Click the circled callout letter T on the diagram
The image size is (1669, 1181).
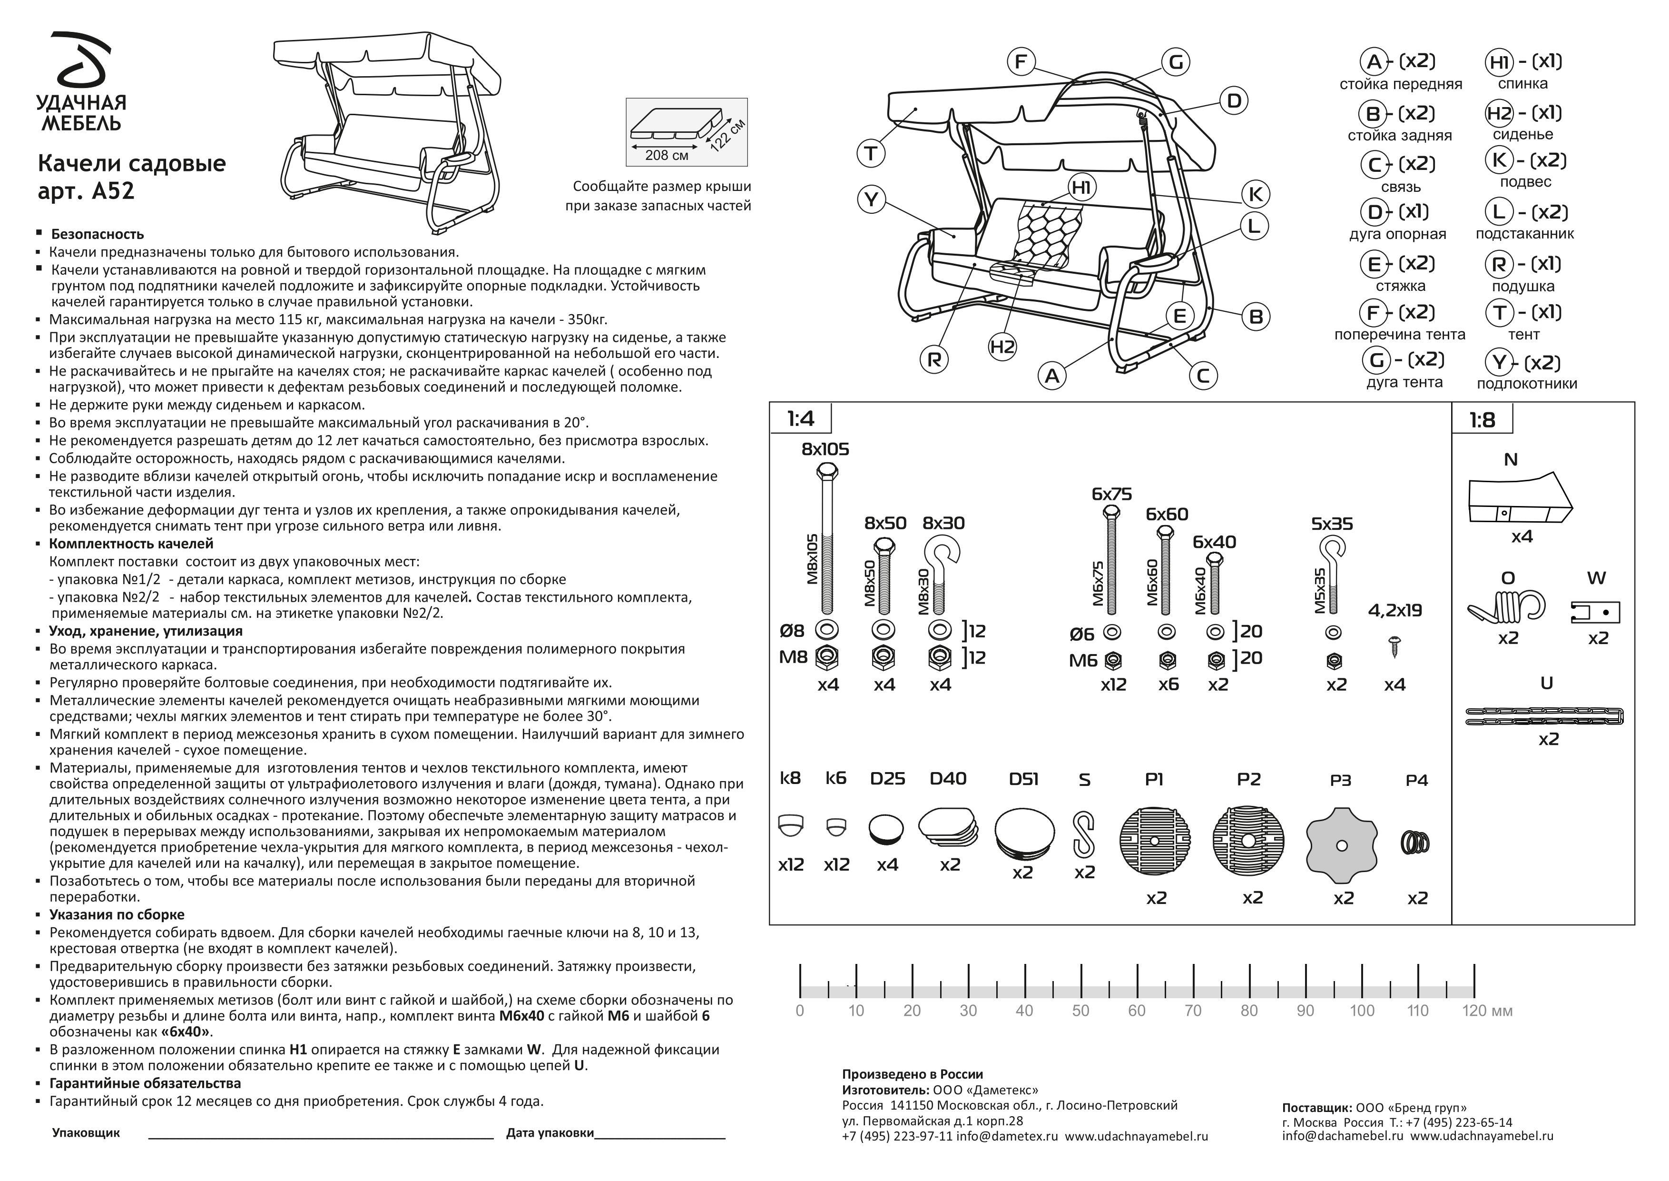870,153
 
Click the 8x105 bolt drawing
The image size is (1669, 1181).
827,538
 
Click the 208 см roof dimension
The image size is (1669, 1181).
667,155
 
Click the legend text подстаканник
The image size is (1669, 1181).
1524,234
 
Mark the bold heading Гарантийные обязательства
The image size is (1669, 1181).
145,1083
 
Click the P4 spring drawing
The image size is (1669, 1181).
1414,843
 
